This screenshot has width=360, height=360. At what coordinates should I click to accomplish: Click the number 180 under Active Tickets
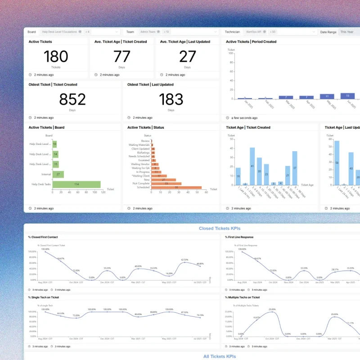tap(56, 56)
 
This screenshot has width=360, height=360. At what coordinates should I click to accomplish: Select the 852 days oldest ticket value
tap(72, 99)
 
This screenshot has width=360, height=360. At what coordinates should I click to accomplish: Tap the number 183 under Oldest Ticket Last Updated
tap(171, 99)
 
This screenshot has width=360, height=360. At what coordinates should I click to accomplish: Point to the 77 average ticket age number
tap(121, 56)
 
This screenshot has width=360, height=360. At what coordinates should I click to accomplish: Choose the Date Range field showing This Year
tap(349, 32)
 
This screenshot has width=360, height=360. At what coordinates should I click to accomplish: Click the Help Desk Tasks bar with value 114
tap(76, 184)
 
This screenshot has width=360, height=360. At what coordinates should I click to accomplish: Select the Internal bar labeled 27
tap(58, 174)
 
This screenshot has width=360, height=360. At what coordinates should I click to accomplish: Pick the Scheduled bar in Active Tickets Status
tap(176, 187)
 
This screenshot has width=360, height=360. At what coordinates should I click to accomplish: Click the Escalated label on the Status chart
tap(144, 160)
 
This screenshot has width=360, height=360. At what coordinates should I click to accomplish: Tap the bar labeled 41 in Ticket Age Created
tap(252, 166)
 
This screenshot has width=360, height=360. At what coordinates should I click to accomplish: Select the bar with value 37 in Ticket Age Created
tap(295, 168)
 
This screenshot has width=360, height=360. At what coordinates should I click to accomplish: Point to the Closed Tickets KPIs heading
tap(219, 229)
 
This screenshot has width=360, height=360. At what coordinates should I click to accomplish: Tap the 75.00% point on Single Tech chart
tap(76, 318)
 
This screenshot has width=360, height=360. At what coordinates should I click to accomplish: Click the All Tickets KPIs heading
tap(219, 356)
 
